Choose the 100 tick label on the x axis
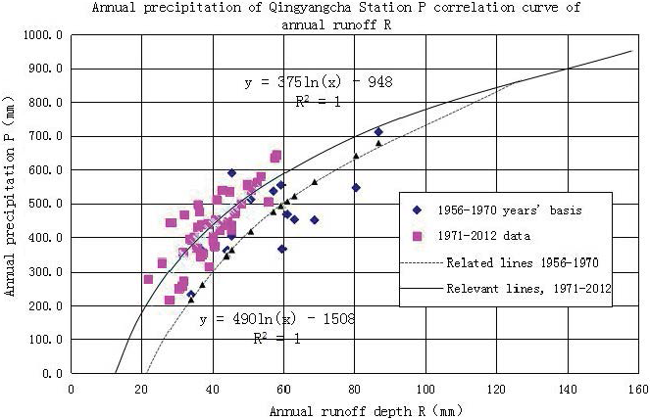(x=425, y=389)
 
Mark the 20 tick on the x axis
(x=141, y=389)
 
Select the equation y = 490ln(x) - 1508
(x=276, y=319)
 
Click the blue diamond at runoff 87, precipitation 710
(x=378, y=132)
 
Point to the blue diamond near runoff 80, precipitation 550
(x=356, y=187)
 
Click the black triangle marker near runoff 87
(x=378, y=143)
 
